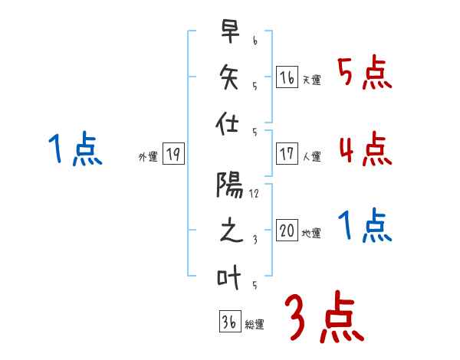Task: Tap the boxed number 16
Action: (x=287, y=77)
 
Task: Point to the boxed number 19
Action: (x=172, y=155)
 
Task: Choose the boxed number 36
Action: (x=228, y=322)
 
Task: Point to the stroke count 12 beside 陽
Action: (x=254, y=195)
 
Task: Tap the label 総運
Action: (x=255, y=325)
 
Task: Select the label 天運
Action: (x=311, y=80)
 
